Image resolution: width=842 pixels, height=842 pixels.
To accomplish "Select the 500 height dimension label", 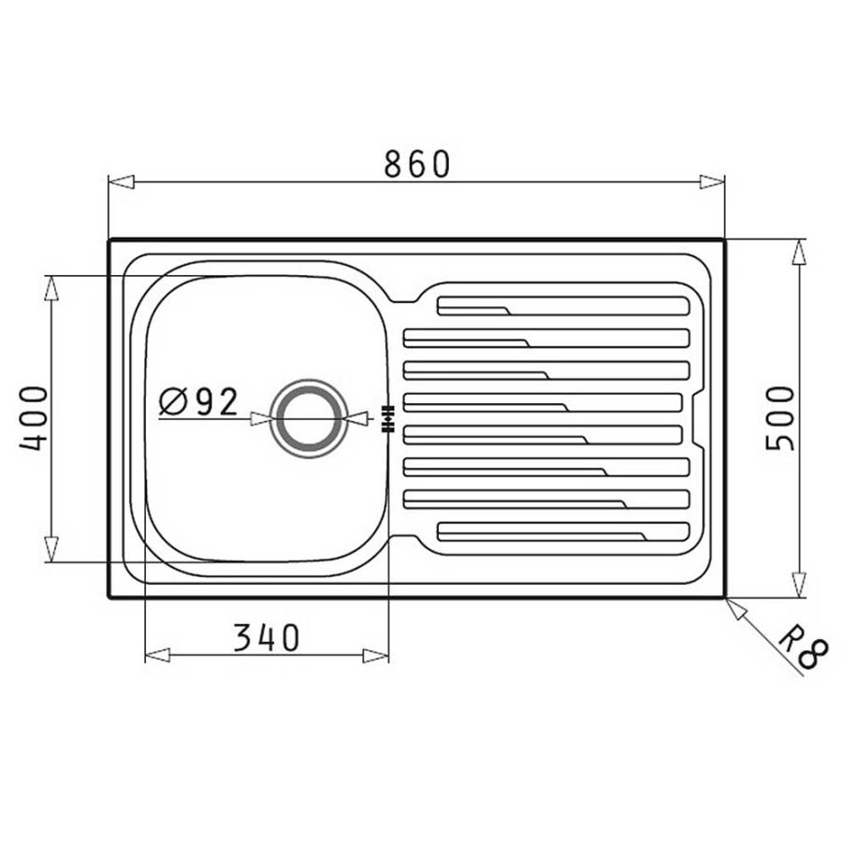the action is tap(779, 419).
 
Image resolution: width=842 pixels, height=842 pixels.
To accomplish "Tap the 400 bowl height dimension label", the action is tap(34, 418).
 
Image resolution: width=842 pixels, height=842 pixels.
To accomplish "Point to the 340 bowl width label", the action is tap(267, 637).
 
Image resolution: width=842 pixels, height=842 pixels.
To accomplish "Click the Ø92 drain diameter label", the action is tap(198, 402).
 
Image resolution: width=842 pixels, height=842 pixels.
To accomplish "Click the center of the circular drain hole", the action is tap(306, 418).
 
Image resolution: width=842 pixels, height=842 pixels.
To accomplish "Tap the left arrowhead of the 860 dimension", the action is tap(121, 181).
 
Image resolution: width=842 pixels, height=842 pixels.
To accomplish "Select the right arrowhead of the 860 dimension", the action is tap(712, 181).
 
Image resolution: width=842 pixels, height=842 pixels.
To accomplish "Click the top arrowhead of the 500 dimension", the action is tap(799, 252).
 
